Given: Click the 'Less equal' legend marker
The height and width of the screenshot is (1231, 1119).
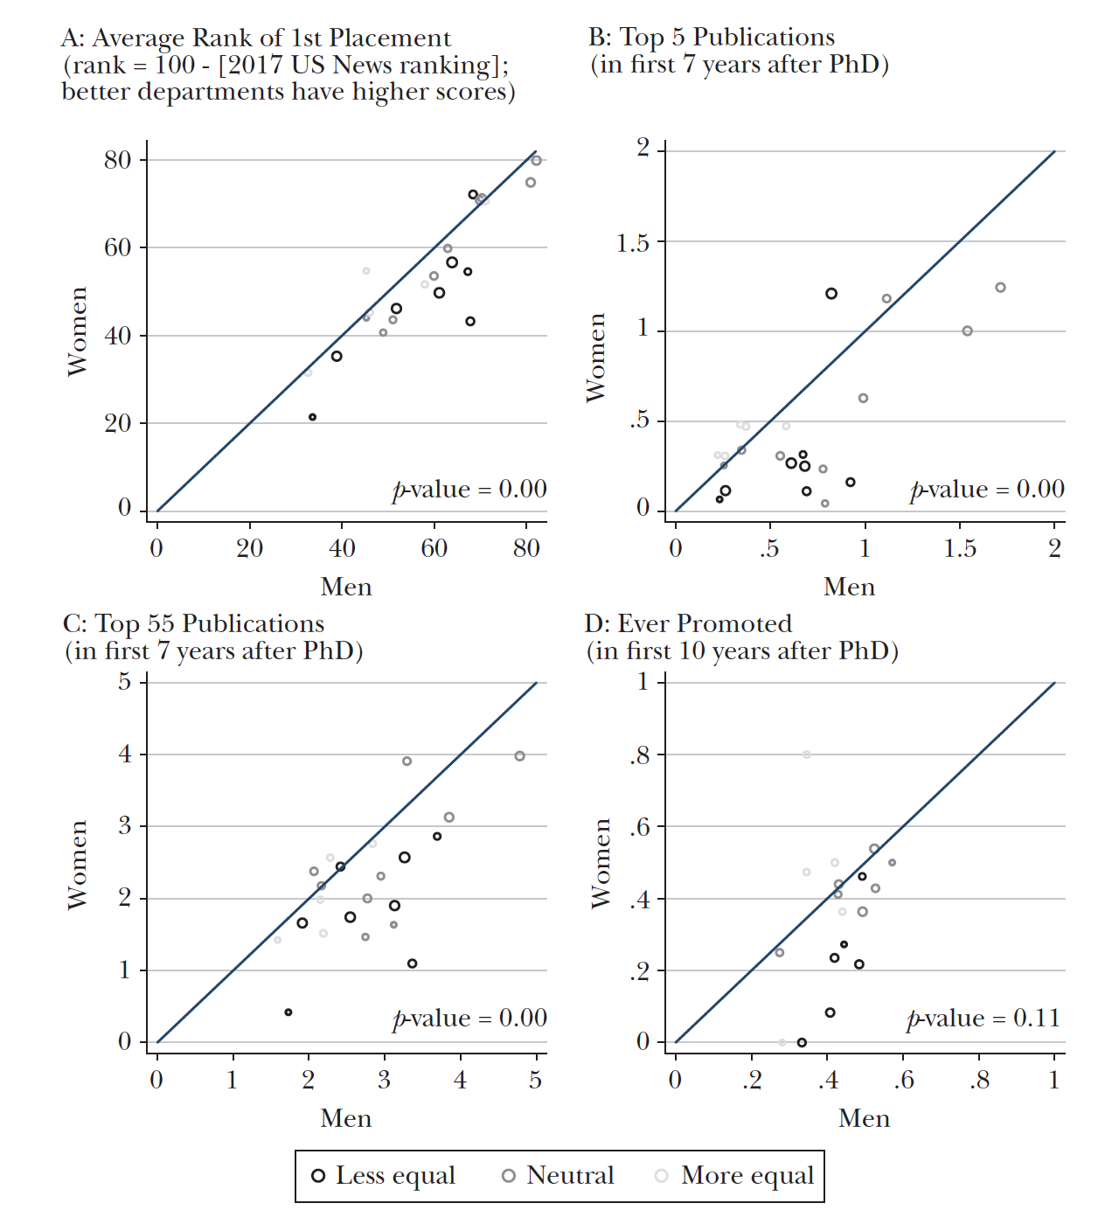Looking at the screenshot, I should point(318,1176).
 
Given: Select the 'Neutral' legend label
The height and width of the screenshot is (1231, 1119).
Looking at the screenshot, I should point(570,1175).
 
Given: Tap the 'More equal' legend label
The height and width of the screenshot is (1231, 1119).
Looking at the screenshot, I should point(747,1175).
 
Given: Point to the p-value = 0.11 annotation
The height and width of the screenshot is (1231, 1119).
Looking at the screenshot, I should point(983,1019).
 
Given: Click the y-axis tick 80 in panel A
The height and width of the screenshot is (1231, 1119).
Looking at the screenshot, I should point(117,160).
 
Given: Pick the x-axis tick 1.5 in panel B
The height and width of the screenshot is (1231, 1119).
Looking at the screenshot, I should point(960,549).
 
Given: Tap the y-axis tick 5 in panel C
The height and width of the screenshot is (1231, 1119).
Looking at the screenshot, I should point(125,682).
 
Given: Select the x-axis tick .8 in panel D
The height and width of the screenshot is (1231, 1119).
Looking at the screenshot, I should point(979,1081).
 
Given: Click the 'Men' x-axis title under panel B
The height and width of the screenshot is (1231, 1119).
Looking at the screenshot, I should point(849,587).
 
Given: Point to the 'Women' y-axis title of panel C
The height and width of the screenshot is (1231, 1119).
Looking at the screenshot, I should point(78,864).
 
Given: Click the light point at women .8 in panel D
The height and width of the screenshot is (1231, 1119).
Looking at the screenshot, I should point(807,755).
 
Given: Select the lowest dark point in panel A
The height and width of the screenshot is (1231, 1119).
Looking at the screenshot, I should point(312,417).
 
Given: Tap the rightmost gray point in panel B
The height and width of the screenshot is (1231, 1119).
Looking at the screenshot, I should point(1000,288).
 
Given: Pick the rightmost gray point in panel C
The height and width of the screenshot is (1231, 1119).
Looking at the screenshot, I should point(519,756).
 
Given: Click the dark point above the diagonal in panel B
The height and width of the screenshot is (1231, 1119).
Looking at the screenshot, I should point(831,294).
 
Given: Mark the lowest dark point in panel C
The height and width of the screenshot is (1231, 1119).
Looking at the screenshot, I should point(288,1012).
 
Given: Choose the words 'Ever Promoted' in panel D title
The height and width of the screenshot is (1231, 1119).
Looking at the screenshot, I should point(705,624).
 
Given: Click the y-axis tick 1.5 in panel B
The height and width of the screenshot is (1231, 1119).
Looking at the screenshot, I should point(633,242).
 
